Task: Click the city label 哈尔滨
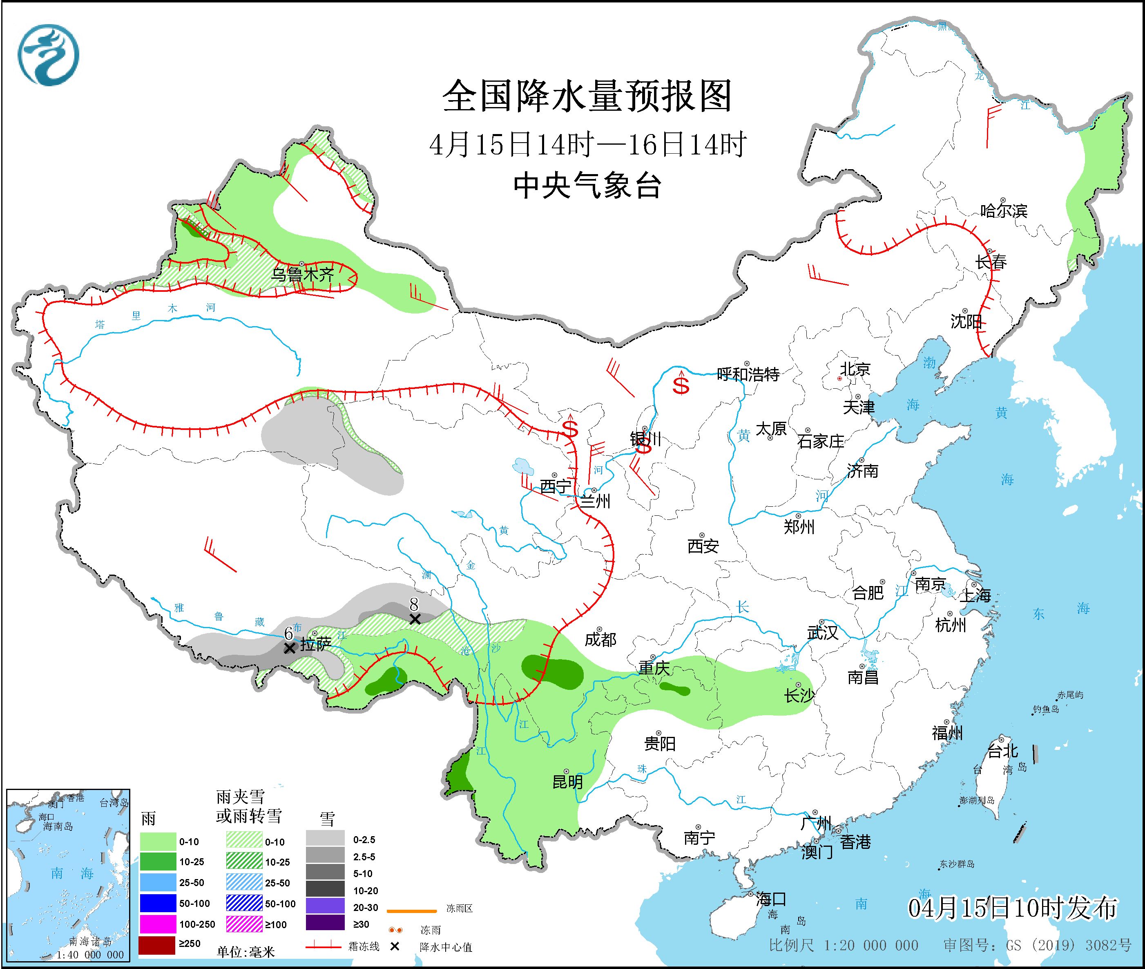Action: coord(1003,211)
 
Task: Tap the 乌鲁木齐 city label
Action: coord(303,274)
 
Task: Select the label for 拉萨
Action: coord(316,645)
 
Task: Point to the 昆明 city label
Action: coord(567,782)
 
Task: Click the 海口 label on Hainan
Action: coord(771,899)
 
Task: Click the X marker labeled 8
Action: coord(415,619)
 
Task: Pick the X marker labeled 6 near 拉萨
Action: coord(289,648)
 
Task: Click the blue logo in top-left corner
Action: coord(48,55)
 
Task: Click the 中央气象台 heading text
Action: coord(587,186)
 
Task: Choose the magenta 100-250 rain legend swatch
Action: coord(156,924)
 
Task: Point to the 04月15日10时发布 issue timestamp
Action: coord(1012,908)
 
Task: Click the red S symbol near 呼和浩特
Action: coord(681,386)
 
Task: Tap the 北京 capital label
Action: coord(855,369)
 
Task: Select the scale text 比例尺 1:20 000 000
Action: coord(844,945)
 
